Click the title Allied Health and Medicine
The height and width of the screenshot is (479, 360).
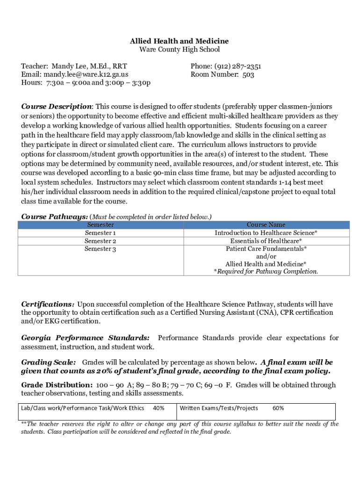coord(180,41)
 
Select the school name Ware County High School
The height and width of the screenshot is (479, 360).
coord(180,50)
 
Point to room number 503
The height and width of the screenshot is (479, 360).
coord(248,74)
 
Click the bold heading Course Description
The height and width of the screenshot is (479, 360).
coord(57,107)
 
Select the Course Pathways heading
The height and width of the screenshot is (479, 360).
coord(54,217)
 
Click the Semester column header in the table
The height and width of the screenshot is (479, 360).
coord(100,225)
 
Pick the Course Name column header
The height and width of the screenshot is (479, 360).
coord(266,225)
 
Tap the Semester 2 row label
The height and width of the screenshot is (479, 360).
coord(100,241)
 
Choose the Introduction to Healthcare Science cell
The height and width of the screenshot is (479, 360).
coord(266,233)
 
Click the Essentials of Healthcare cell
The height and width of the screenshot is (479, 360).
coord(266,241)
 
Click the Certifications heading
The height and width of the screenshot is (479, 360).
coord(48,304)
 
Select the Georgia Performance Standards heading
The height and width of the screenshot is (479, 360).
coord(86,338)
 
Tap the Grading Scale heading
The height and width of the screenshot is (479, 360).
coord(49,362)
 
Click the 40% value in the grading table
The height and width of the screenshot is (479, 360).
coord(158,408)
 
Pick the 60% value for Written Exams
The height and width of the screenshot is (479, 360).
coord(278,408)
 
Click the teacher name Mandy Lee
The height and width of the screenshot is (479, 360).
coord(69,66)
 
